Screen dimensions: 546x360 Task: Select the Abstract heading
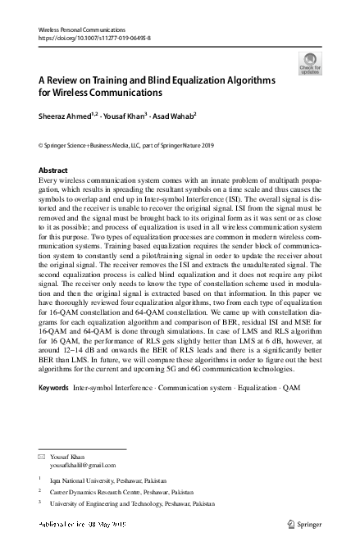(x=53, y=171)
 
